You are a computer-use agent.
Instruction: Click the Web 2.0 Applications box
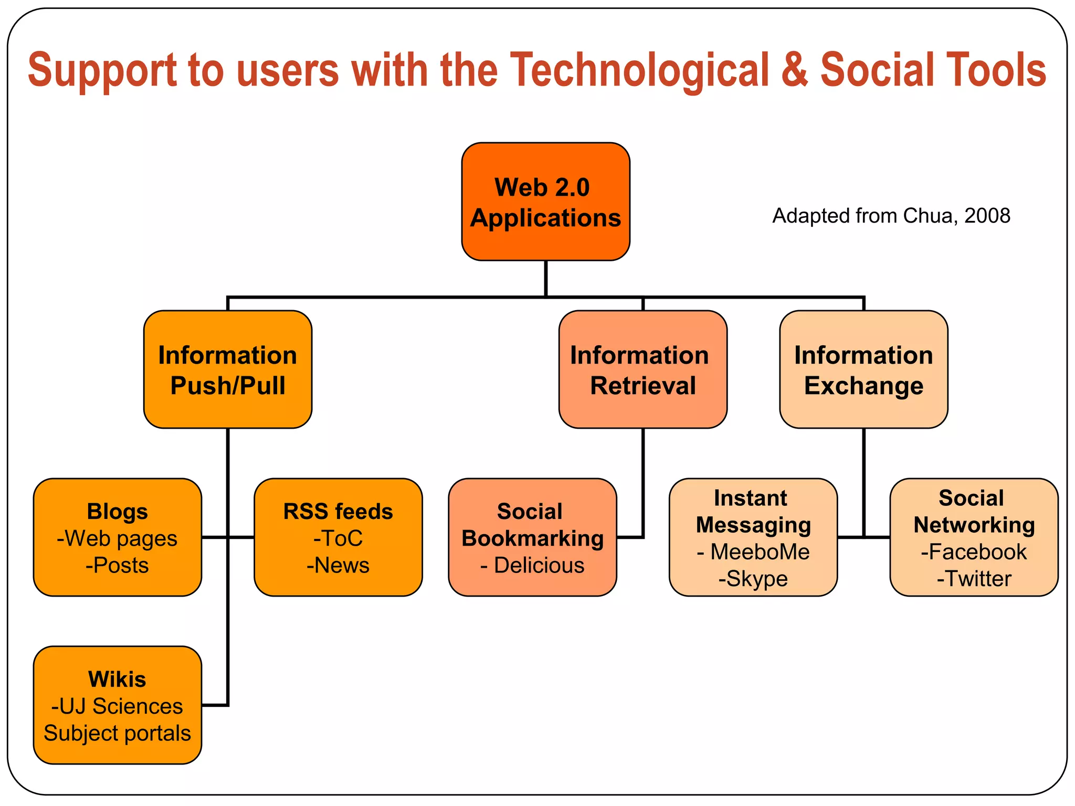[x=545, y=202]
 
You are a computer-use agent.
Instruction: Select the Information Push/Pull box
[x=228, y=370]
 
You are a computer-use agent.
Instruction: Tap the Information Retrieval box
[x=642, y=370]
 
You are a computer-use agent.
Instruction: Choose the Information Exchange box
[x=863, y=370]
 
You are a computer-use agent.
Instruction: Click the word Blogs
[x=118, y=512]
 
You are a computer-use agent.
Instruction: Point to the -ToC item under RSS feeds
[x=338, y=539]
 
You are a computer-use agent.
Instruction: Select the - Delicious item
[x=532, y=566]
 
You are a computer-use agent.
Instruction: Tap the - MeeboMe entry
[x=753, y=552]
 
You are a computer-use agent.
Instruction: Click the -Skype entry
[x=753, y=579]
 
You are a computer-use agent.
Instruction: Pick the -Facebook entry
[x=974, y=552]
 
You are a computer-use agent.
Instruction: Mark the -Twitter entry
[x=974, y=579]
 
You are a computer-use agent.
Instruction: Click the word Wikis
[x=117, y=680]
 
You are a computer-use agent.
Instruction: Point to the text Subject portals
[x=117, y=734]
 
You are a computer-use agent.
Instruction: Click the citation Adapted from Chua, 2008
[x=891, y=216]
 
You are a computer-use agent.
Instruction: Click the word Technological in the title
[x=639, y=70]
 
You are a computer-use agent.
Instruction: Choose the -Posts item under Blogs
[x=117, y=566]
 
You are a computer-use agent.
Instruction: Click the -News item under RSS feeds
[x=338, y=566]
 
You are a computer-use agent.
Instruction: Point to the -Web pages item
[x=117, y=539]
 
